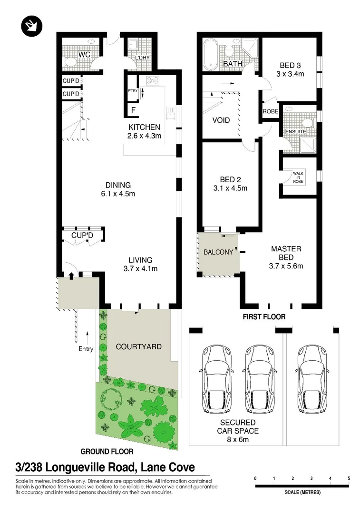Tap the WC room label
click(x=84, y=55)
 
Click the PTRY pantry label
click(x=132, y=90)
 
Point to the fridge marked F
click(x=133, y=110)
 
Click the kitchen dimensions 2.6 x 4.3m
click(x=144, y=136)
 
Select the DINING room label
click(x=118, y=185)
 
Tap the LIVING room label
click(x=140, y=260)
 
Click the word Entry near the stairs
click(x=86, y=349)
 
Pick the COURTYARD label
click(x=138, y=346)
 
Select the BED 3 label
click(x=290, y=65)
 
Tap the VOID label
click(x=221, y=120)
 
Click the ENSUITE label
click(x=295, y=131)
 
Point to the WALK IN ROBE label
click(x=298, y=178)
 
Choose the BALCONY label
click(x=218, y=252)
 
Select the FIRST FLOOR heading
click(x=265, y=316)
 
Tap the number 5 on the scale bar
click(x=349, y=478)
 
